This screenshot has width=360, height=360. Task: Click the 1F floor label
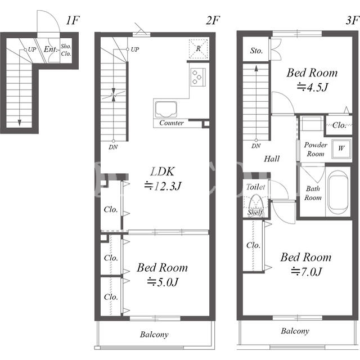[73, 20]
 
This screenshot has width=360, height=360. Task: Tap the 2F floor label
[213, 20]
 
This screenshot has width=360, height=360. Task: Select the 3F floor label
[352, 20]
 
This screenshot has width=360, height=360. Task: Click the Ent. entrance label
[51, 49]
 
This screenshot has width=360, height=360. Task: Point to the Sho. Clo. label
[66, 50]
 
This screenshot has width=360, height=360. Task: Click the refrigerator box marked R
[199, 49]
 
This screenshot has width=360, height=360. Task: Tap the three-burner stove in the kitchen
[198, 77]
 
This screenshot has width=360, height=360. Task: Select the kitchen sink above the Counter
[166, 109]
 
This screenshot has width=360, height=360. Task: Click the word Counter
[172, 123]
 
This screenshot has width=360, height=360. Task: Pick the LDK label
[163, 172]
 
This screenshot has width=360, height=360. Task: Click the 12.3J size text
[163, 186]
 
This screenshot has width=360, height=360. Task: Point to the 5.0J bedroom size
[163, 282]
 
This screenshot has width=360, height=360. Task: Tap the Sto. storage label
[256, 51]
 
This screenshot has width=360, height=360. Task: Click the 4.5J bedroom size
[313, 87]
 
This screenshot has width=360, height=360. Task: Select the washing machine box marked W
[341, 148]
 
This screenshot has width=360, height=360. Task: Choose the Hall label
[272, 159]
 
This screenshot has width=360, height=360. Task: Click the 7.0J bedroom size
[307, 272]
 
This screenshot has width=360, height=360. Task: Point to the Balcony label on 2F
[154, 335]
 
